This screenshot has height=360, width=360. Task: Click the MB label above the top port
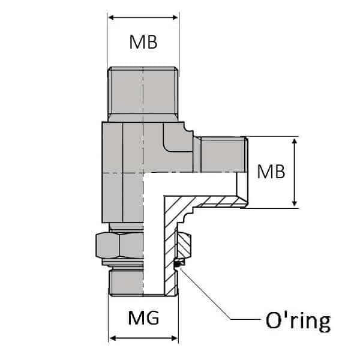(x=143, y=42)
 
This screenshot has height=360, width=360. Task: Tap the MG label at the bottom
(x=144, y=318)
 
